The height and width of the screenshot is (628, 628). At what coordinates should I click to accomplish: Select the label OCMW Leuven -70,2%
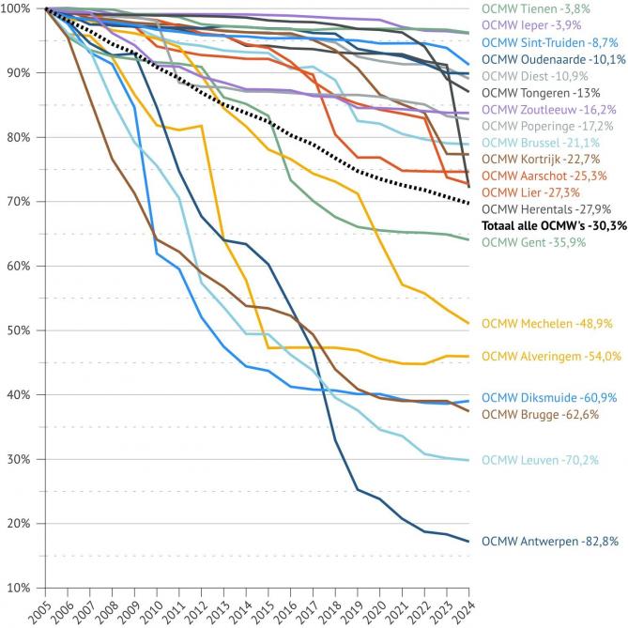[x=540, y=460]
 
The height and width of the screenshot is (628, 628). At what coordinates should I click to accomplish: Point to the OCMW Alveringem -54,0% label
[x=550, y=356]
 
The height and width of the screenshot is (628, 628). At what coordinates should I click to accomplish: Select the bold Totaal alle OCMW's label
[x=554, y=226]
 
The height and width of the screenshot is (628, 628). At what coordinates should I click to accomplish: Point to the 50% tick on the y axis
[x=18, y=330]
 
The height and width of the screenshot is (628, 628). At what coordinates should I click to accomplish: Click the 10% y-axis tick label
[x=18, y=588]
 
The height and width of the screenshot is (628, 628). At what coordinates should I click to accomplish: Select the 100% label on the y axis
[x=15, y=8]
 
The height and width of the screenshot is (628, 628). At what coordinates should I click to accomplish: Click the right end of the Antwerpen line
[x=468, y=542]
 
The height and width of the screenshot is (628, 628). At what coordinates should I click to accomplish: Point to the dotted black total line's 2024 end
[x=468, y=203]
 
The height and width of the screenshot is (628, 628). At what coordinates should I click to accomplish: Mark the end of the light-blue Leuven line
[x=468, y=460]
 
